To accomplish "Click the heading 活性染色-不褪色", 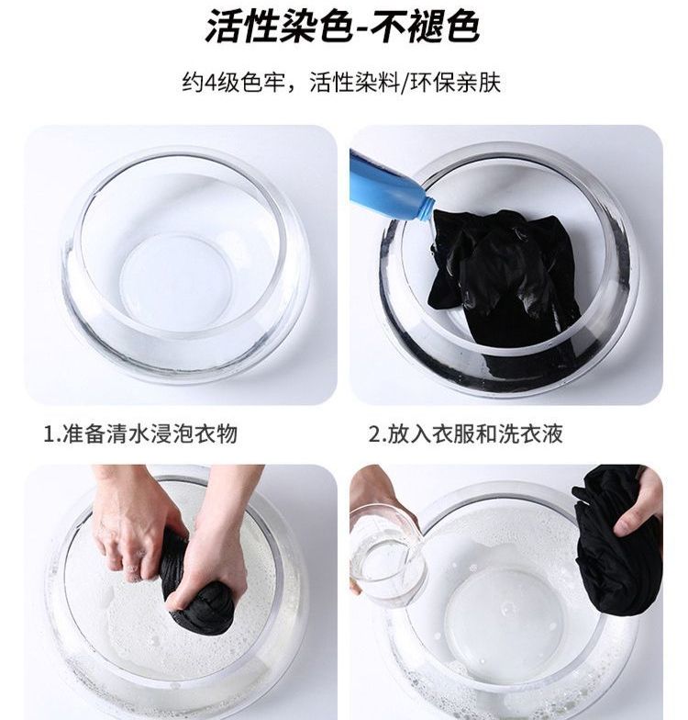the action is tap(342, 26).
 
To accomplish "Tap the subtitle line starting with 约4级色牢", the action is tap(341, 83).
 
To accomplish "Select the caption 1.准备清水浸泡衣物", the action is tap(139, 433).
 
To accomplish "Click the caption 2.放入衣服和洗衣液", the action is tap(466, 433).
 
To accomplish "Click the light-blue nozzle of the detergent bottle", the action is tap(424, 209).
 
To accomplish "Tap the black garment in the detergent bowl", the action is tap(505, 280).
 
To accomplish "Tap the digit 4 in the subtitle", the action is tap(210, 83).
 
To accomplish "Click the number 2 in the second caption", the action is tap(374, 434).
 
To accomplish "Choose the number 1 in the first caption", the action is tap(48, 434).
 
